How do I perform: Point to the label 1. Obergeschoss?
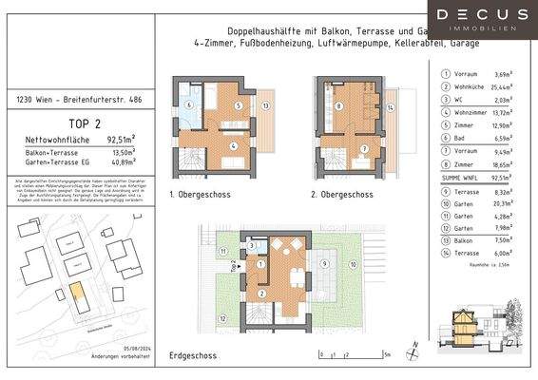200,195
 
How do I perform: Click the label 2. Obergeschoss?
342,195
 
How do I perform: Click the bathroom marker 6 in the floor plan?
189,104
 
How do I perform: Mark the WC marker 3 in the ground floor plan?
250,244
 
